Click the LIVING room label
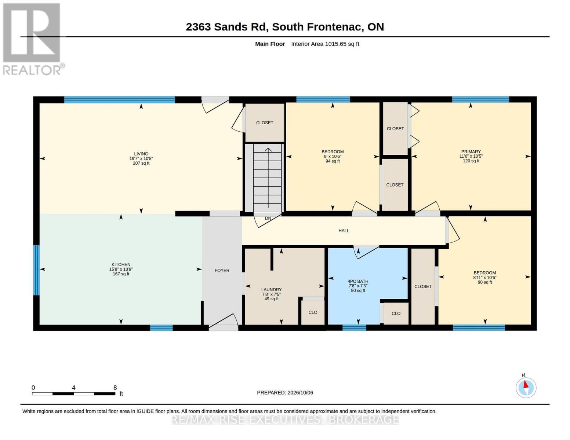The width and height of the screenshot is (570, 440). (x=141, y=154)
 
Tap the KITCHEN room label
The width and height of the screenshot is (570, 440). (x=121, y=264)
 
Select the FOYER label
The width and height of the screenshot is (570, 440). (x=222, y=271)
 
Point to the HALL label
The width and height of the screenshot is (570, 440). (x=344, y=231)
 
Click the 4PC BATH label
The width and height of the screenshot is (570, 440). (x=358, y=281)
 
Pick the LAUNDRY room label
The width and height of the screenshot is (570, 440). (x=271, y=290)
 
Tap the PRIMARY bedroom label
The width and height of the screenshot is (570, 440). (x=471, y=152)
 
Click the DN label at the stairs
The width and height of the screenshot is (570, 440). (x=268, y=218)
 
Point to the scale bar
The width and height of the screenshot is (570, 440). (x=74, y=394)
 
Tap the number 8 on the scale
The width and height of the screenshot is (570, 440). (x=115, y=388)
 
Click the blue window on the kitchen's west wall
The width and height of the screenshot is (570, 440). (x=36, y=270)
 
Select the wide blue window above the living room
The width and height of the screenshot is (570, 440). (x=120, y=100)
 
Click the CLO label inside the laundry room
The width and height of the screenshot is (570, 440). (x=313, y=312)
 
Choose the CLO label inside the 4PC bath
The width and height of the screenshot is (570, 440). (x=396, y=313)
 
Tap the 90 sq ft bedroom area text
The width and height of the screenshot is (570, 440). (x=485, y=282)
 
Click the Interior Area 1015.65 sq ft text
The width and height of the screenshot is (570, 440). (x=325, y=44)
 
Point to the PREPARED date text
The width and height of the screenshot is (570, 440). (x=285, y=393)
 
